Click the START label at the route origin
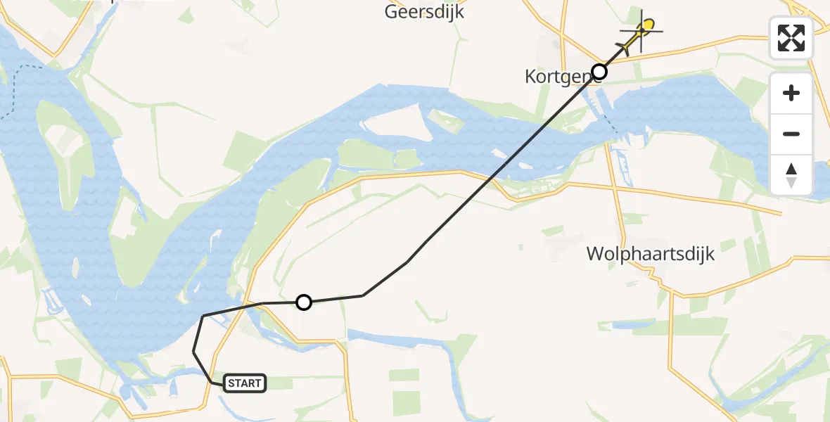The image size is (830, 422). coord(245,383)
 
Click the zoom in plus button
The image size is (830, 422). coord(791,93)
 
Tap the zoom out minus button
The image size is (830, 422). coord(791,134)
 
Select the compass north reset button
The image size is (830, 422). coord(791,174)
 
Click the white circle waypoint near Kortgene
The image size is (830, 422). coord(599,71)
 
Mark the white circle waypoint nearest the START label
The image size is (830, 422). coord(303,302)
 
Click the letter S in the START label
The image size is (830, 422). coord(231,383)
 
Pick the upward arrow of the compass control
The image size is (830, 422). coord(791,169)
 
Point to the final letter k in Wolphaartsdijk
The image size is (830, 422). coord(710,254)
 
